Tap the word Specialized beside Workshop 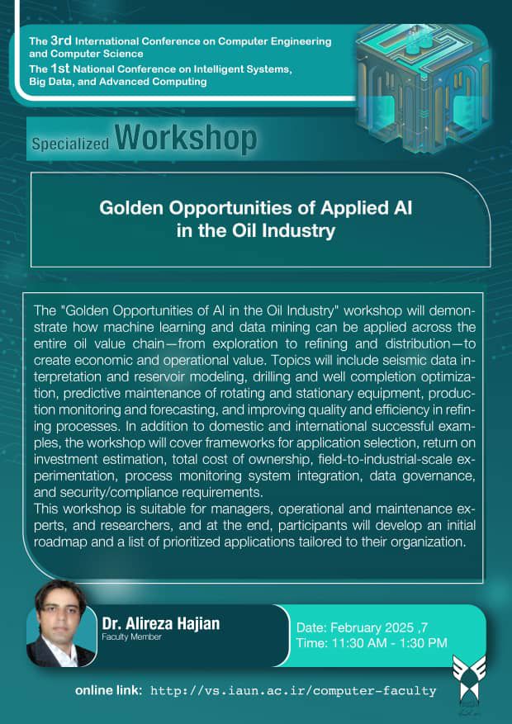70,144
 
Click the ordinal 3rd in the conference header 61,40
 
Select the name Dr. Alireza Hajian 161,624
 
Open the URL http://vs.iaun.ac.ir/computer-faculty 294,691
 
